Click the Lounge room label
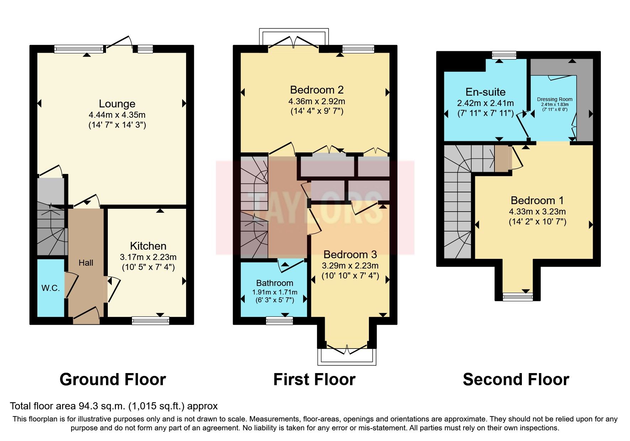[x=117, y=104]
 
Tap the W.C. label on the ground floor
[x=51, y=288]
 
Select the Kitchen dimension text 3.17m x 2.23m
[x=148, y=257]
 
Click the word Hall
[x=86, y=263]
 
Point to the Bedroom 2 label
[x=317, y=90]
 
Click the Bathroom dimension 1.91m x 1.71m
[x=275, y=292]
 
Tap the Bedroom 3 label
[x=350, y=255]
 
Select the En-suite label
[x=485, y=92]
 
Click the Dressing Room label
[x=555, y=100]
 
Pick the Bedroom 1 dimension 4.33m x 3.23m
[x=537, y=212]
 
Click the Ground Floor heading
[x=113, y=379]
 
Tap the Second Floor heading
[x=516, y=379]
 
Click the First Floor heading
[x=314, y=379]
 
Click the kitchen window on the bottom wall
[x=150, y=321]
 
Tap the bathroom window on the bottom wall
[x=280, y=321]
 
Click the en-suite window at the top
[x=504, y=55]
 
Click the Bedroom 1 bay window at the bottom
[x=518, y=297]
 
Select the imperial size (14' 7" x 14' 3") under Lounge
[x=117, y=125]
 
